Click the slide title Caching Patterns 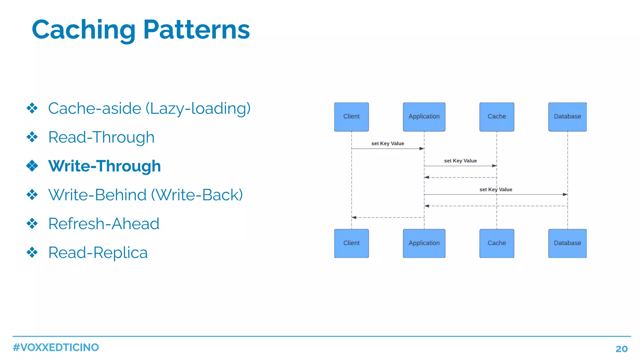(141, 30)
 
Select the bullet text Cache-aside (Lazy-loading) (149, 108)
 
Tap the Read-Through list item (101, 137)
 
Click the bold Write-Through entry (105, 166)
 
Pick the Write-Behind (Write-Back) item (146, 195)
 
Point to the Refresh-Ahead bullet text (104, 224)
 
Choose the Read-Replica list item (98, 252)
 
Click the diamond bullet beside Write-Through (32, 166)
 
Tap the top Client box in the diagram (351, 117)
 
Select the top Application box (424, 117)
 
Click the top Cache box (496, 117)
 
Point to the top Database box (567, 117)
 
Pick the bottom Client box (351, 243)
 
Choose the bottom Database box (567, 243)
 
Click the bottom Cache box (496, 243)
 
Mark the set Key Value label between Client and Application (387, 143)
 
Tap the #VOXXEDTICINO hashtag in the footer (56, 347)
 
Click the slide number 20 (621, 349)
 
